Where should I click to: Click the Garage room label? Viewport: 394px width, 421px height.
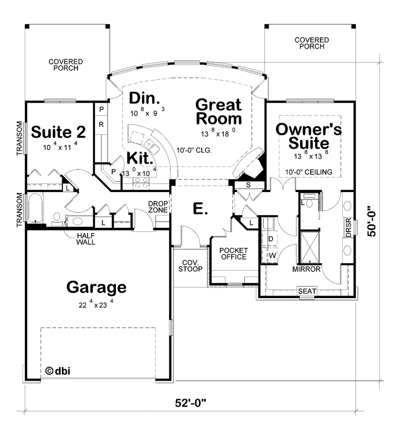click(96, 287)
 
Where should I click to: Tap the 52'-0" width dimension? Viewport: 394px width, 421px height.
click(189, 402)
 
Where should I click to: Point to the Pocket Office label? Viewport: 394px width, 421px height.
click(233, 254)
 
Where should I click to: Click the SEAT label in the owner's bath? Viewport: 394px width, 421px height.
click(307, 291)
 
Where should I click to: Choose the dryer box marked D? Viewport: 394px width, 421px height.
click(271, 238)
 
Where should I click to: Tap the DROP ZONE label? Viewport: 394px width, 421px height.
click(158, 207)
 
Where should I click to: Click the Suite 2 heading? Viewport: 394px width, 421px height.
click(58, 132)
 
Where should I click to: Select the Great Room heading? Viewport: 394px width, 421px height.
click(219, 112)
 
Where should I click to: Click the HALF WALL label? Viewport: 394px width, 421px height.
click(86, 239)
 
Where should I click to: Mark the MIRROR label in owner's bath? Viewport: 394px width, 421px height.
click(306, 269)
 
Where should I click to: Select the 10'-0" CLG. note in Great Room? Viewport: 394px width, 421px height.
click(194, 150)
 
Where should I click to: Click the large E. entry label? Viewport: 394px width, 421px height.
click(200, 209)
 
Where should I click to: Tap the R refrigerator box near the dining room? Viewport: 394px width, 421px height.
click(101, 124)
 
